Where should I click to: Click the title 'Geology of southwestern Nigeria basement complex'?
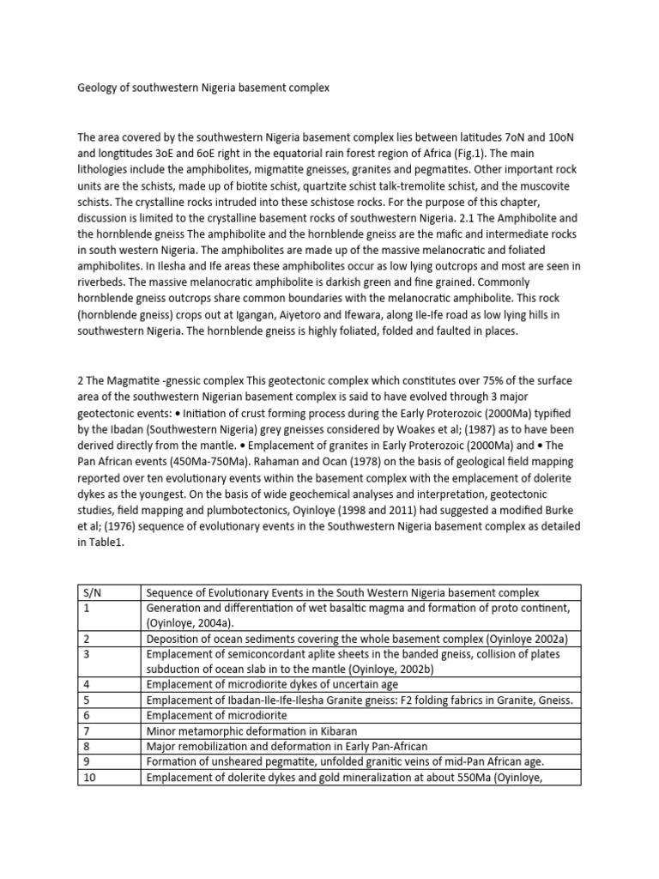point(203,88)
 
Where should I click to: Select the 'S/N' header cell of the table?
point(91,592)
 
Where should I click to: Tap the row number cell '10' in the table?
point(89,777)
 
